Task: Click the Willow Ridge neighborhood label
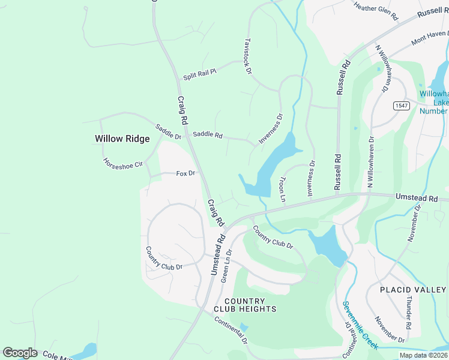pyautogui.click(x=122, y=139)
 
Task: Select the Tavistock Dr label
pyautogui.click(x=247, y=56)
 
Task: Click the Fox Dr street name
pyautogui.click(x=185, y=173)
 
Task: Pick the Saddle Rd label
pyautogui.click(x=207, y=135)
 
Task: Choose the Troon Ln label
pyautogui.click(x=283, y=188)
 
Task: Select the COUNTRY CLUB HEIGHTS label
pyautogui.click(x=250, y=305)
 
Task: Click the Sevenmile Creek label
pyautogui.click(x=360, y=325)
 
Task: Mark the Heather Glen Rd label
pyautogui.click(x=376, y=11)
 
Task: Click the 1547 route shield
pyautogui.click(x=402, y=106)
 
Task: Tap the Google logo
pyautogui.click(x=20, y=353)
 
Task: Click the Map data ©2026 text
pyautogui.click(x=424, y=355)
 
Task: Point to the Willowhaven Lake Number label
pyautogui.click(x=433, y=102)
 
